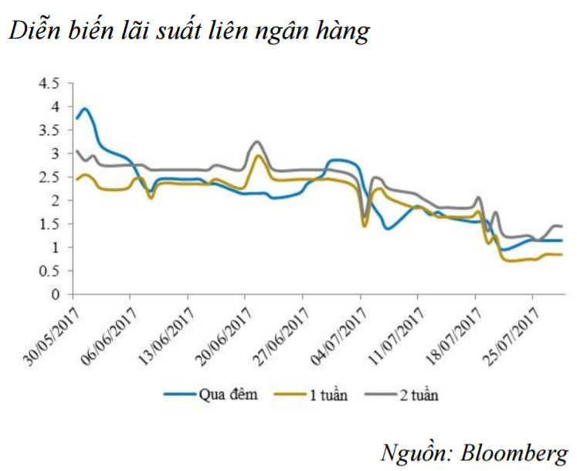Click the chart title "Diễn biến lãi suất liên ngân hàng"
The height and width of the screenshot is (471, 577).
190,32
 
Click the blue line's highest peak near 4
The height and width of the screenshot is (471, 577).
85,109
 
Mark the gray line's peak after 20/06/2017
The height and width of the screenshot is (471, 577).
258,141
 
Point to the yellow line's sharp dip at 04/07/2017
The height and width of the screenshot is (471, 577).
364,225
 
